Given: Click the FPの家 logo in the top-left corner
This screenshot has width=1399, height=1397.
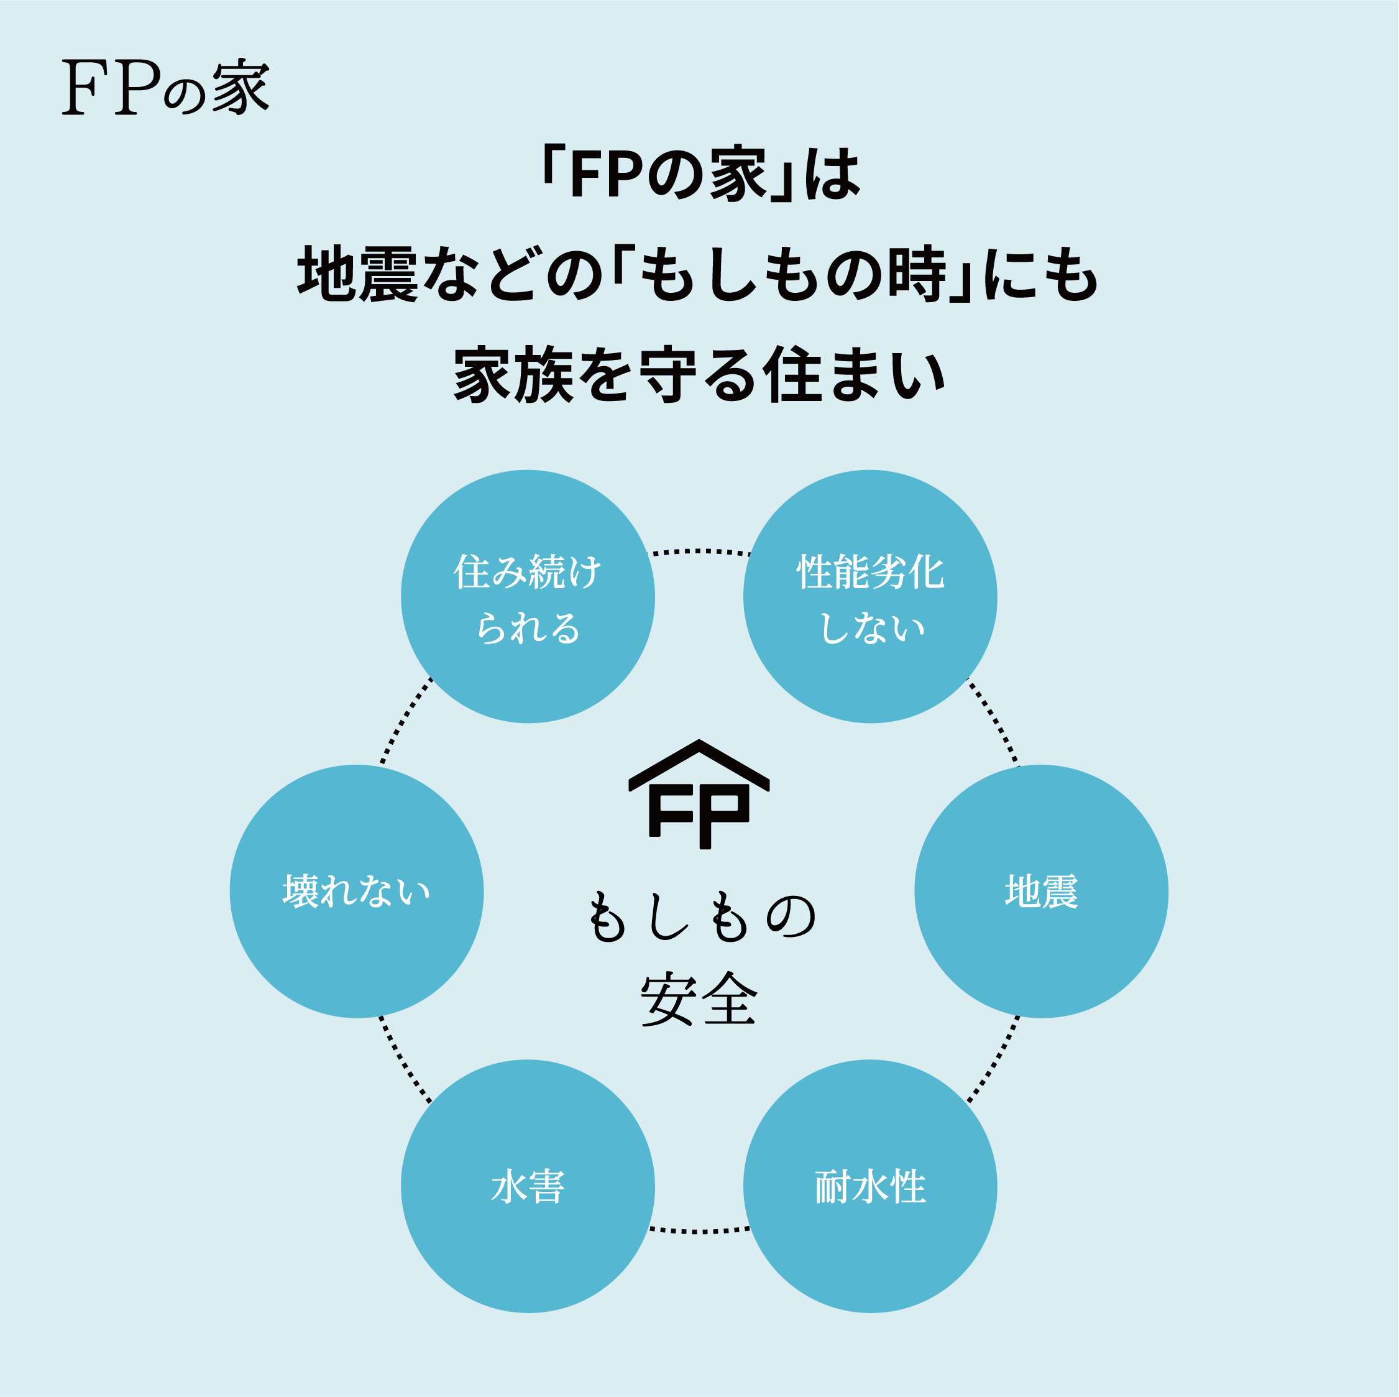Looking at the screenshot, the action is [x=166, y=88].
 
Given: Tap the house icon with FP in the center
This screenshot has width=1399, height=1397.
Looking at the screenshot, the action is [x=699, y=794].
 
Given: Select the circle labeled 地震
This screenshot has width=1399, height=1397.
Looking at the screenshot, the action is [x=1041, y=892].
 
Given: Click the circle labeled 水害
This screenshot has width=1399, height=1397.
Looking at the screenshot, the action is [x=528, y=1186].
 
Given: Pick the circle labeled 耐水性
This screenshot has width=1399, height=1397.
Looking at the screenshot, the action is [x=870, y=1186].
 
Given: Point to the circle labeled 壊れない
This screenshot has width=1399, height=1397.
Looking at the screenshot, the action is [x=357, y=892].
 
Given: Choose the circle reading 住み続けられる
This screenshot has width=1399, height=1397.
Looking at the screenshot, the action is [x=528, y=597].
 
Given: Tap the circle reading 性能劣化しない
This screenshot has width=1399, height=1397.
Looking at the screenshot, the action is [x=870, y=597].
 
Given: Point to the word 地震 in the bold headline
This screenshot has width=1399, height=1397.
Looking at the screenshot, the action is [x=358, y=274].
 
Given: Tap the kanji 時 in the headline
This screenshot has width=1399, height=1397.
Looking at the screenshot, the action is [x=917, y=274].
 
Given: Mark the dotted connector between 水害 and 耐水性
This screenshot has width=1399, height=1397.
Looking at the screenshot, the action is [x=700, y=1230].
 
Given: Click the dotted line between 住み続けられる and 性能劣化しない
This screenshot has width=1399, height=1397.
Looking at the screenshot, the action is [x=700, y=552].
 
